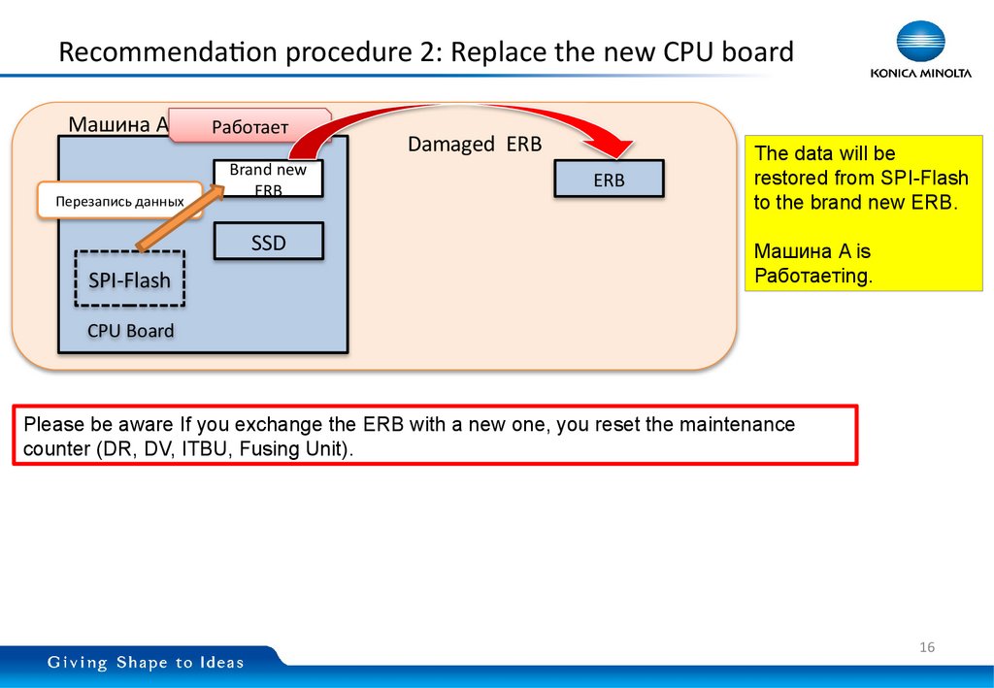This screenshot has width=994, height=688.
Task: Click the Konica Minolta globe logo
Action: [920, 42]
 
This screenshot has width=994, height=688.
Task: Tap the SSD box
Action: [268, 243]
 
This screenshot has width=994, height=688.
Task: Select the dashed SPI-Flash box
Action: [129, 280]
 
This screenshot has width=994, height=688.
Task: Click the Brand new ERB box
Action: [268, 179]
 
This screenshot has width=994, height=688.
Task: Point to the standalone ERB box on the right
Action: [609, 180]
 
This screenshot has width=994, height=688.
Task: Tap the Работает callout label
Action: [250, 126]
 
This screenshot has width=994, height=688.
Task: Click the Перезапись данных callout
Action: [119, 202]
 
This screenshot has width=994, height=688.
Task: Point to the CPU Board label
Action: [130, 331]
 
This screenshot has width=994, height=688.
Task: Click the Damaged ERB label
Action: [474, 145]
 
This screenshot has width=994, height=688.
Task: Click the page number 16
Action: [926, 647]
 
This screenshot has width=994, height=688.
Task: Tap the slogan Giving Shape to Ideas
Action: [147, 663]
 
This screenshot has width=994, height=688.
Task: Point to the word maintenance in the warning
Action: [737, 425]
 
